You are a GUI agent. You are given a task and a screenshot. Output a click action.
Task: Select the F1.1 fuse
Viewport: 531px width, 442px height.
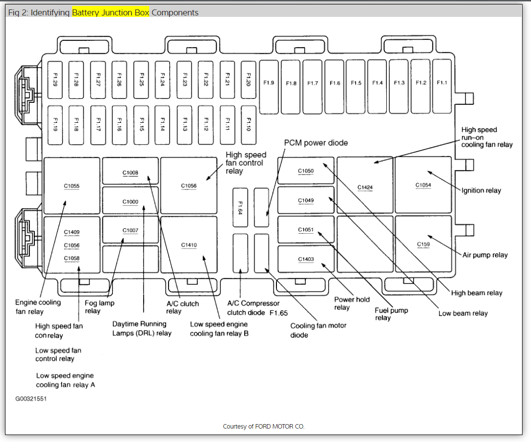tap(442, 83)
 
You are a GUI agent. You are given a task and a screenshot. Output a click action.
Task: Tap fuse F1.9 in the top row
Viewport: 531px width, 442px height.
tap(269, 83)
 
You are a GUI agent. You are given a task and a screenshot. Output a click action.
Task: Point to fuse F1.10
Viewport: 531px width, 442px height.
tap(248, 124)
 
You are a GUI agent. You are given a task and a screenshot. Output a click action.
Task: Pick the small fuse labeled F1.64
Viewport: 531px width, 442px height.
tap(240, 207)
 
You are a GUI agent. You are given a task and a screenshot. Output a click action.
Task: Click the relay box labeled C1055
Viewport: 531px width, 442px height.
tap(72, 186)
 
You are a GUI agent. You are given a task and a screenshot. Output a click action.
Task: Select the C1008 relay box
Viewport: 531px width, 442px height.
tap(130, 172)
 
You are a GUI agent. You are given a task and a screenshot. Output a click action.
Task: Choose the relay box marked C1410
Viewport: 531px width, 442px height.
tap(189, 245)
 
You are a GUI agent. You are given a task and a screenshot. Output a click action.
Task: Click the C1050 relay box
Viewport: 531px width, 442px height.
tap(306, 171)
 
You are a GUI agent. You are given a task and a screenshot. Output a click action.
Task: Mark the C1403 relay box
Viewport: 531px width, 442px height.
tap(306, 259)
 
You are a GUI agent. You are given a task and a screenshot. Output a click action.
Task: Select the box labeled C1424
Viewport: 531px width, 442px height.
tap(365, 187)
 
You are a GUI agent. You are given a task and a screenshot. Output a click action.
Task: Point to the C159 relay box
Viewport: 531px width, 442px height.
tap(423, 244)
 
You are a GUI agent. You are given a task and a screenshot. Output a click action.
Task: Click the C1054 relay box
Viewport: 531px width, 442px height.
tap(423, 185)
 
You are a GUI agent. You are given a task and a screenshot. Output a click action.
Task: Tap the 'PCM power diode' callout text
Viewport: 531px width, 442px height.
tap(316, 143)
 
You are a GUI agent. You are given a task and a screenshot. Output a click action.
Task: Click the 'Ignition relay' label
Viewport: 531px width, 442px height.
tap(481, 190)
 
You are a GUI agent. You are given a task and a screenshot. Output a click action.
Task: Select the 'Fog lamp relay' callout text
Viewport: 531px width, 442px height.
tap(99, 307)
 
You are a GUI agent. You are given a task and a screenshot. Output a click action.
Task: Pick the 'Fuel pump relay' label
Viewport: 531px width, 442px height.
tap(391, 314)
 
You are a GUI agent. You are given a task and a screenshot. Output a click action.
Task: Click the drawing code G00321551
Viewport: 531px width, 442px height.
tap(31, 399)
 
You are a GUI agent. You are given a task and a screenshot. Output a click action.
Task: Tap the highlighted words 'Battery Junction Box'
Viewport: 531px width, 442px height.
tap(110, 12)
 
